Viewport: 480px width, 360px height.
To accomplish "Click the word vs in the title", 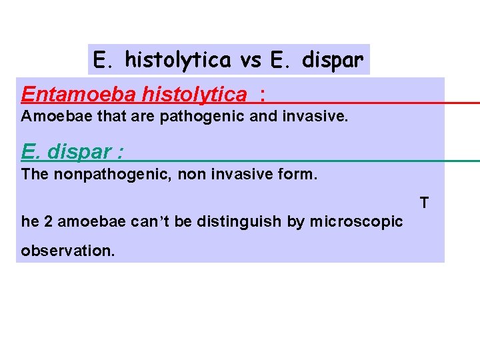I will [251, 60].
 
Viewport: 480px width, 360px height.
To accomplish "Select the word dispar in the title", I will [333, 60].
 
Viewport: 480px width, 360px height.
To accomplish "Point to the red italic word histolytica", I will [194, 95].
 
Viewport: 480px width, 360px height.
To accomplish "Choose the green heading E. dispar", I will [71, 152].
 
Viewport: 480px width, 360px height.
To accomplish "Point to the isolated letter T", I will [424, 202].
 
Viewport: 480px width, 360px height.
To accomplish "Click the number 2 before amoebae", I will [50, 221].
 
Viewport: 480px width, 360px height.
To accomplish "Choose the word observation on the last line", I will [67, 251].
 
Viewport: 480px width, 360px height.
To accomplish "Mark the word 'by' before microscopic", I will [295, 221].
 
